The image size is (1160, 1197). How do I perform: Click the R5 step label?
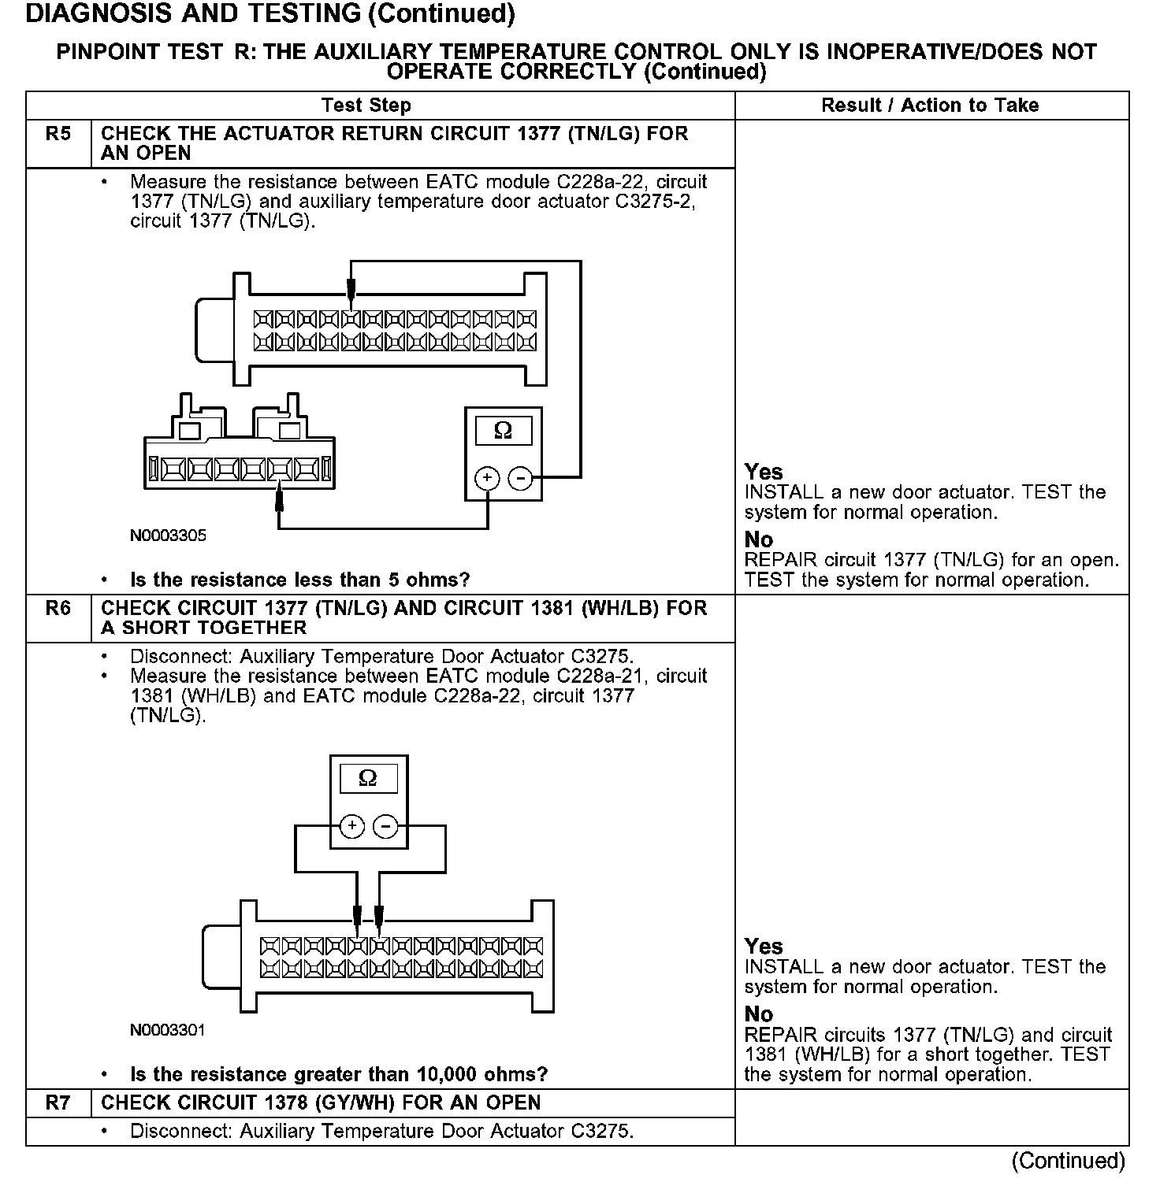58,134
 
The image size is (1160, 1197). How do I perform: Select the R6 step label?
58,609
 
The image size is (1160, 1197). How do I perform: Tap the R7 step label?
58,1102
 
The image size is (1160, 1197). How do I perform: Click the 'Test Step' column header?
366,106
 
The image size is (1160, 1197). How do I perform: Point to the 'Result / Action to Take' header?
930,106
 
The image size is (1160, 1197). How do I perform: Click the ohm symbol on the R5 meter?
503,431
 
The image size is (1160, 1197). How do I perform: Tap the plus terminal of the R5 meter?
487,478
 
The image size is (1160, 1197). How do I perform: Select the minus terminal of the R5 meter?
520,478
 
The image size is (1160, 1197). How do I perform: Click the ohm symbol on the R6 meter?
368,779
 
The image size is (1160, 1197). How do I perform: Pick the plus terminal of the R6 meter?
352,826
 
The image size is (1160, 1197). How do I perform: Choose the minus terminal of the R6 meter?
385,826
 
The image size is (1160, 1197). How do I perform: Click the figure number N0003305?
168,535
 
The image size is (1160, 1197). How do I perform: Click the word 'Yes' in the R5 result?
764,472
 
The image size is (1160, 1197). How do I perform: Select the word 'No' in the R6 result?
759,1014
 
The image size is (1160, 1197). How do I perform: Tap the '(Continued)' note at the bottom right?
1069,1161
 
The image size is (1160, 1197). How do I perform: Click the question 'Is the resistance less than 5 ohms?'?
299,580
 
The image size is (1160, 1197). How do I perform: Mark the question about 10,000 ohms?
339,1075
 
